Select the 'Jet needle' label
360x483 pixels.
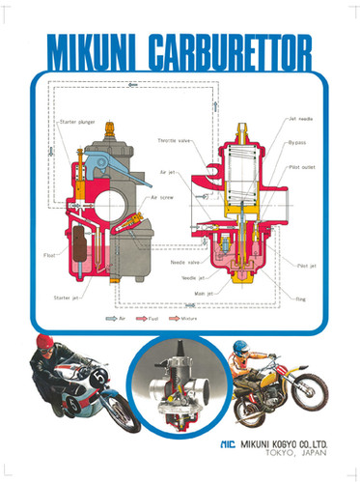[299, 118]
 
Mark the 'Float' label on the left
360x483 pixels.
[49, 255]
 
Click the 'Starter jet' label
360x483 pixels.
[68, 298]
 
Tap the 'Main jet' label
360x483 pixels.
[204, 292]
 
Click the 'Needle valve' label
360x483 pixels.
[185, 263]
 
